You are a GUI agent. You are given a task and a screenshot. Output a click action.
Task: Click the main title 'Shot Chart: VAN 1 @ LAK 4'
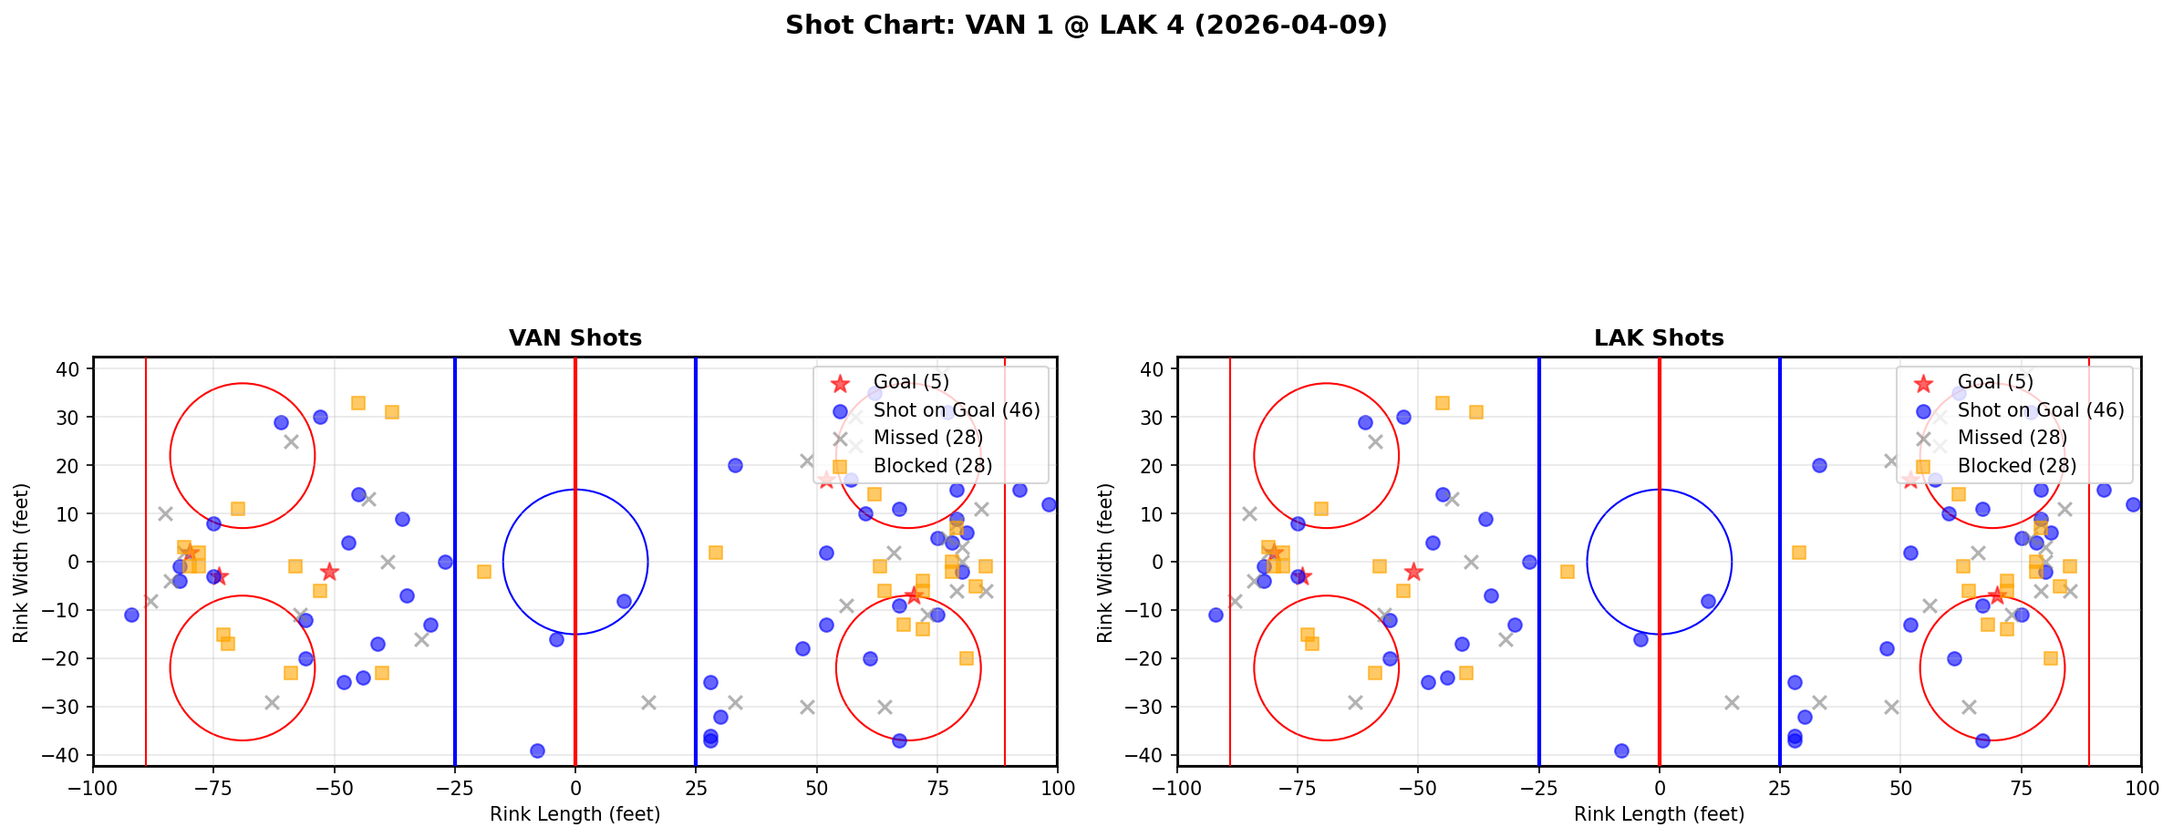[x=1085, y=26]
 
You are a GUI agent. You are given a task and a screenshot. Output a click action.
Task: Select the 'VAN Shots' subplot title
[x=574, y=338]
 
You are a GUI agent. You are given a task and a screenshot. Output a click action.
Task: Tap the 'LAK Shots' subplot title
[x=1659, y=338]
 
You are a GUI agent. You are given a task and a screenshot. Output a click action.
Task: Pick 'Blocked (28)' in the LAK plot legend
[x=2016, y=466]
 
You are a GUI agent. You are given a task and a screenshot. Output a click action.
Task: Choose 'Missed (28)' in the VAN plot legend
[x=927, y=438]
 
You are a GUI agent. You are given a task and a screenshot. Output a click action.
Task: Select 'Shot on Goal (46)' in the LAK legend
[x=2040, y=410]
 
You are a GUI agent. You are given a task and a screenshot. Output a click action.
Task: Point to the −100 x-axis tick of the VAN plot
[x=93, y=788]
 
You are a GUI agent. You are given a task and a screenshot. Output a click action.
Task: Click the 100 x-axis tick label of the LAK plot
[x=2140, y=788]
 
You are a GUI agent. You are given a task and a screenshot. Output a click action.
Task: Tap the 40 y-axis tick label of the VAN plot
[x=73, y=368]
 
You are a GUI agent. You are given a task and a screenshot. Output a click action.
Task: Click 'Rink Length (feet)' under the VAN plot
[x=574, y=814]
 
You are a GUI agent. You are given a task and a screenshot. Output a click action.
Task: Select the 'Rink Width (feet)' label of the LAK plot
[x=1105, y=562]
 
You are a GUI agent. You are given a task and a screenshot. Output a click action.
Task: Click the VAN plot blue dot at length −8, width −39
[x=537, y=750]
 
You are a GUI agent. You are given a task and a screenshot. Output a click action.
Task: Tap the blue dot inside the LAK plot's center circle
[x=1708, y=601]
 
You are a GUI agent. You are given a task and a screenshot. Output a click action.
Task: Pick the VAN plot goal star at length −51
[x=329, y=572]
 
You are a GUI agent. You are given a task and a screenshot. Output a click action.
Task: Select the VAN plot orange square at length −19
[x=484, y=572]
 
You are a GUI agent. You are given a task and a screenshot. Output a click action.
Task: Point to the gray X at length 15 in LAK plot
[x=1732, y=702]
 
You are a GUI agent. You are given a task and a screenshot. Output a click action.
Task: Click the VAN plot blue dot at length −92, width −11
[x=131, y=615]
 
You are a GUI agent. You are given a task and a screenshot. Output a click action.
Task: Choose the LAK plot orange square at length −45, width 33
[x=1442, y=403]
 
